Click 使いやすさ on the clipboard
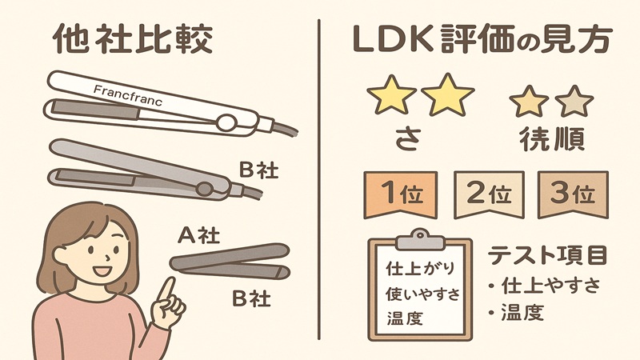point(422,293)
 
